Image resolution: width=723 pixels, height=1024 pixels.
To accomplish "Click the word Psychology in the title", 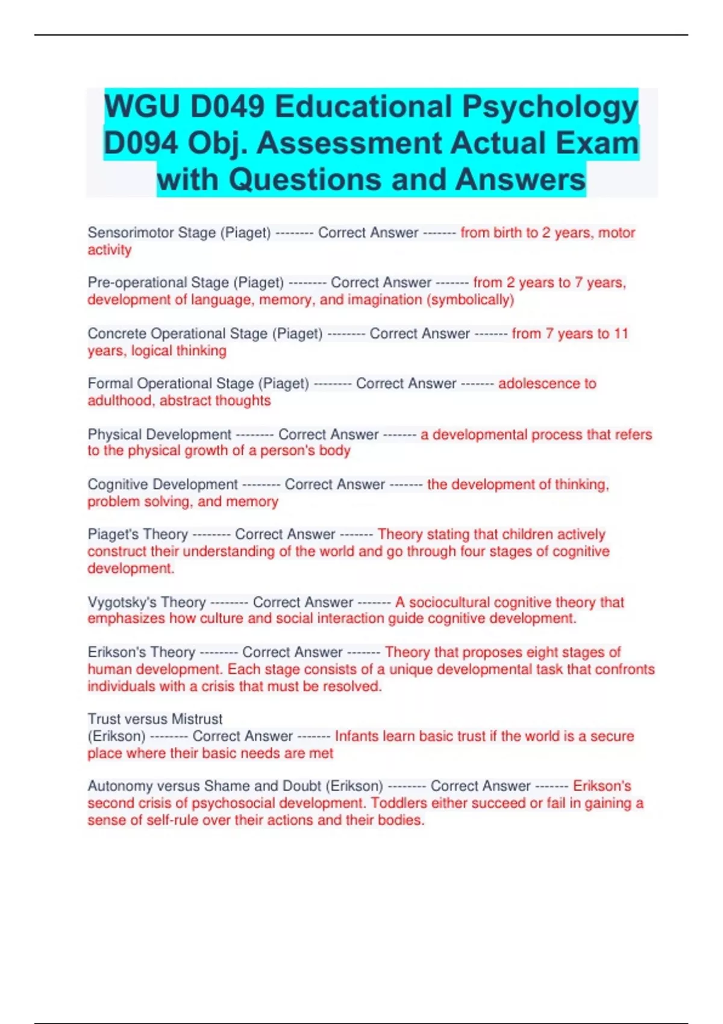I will [x=549, y=107].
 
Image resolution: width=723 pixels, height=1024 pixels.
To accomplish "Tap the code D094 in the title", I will [x=140, y=143].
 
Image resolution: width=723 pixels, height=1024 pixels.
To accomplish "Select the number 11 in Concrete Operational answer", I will [x=621, y=333].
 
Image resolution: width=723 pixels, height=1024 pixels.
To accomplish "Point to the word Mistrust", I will [x=197, y=719].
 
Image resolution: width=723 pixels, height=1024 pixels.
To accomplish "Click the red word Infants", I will [x=356, y=736].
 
